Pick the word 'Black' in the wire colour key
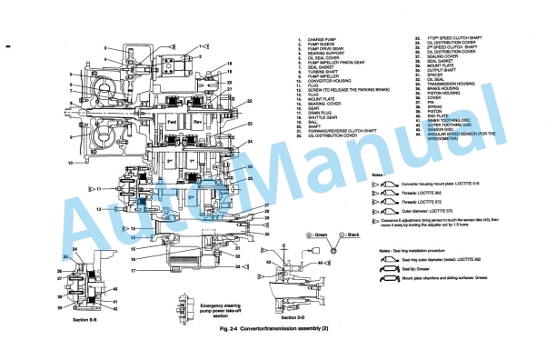click(x=362, y=234)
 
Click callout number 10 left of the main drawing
click(x=69, y=164)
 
